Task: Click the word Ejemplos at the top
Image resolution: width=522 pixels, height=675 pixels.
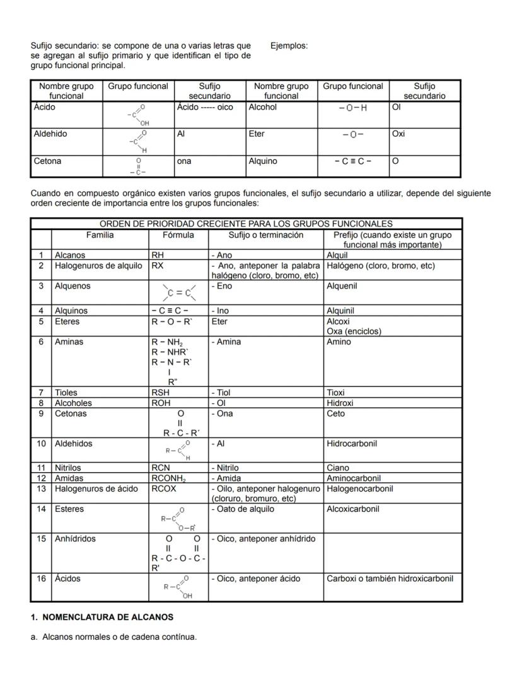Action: (x=289, y=46)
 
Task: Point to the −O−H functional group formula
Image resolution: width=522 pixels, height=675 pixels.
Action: (x=353, y=108)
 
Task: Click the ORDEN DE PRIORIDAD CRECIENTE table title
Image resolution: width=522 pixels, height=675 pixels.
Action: (x=246, y=224)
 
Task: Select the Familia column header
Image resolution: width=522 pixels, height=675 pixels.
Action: (x=100, y=235)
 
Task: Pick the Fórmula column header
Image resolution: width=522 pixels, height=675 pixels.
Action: (x=178, y=235)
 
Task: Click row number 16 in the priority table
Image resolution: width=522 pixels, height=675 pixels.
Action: (x=41, y=579)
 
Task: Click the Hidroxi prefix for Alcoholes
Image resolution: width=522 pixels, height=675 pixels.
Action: (x=340, y=403)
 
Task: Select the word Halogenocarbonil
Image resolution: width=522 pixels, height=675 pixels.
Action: (x=360, y=489)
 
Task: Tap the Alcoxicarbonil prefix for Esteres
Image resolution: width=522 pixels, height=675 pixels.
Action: (x=353, y=509)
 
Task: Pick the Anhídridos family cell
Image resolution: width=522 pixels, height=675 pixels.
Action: (x=76, y=539)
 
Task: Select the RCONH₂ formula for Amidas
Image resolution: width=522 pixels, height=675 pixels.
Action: (x=168, y=479)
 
